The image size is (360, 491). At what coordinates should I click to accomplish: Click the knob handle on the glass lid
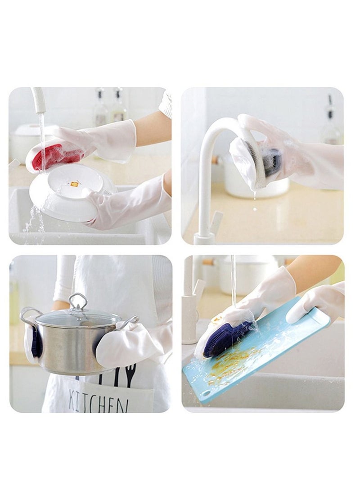point(78,301)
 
